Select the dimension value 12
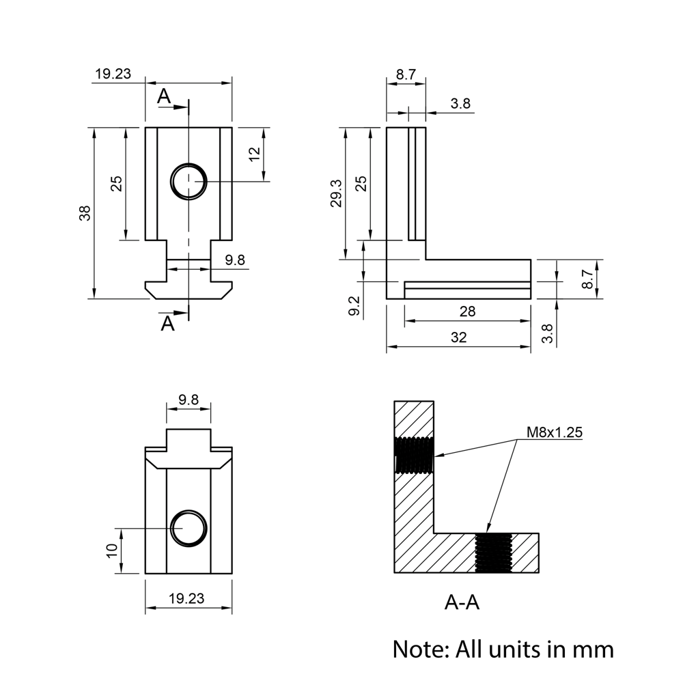(x=254, y=154)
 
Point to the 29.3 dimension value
(x=336, y=193)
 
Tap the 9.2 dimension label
(x=353, y=305)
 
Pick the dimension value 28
(x=467, y=311)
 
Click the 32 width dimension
(x=458, y=337)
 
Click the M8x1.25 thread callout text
(x=554, y=432)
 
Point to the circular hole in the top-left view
(x=189, y=181)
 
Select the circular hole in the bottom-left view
(x=189, y=529)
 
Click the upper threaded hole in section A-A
(x=414, y=455)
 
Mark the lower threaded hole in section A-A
(x=492, y=553)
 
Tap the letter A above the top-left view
(x=164, y=97)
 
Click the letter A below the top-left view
(x=167, y=323)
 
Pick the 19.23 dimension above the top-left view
(x=113, y=74)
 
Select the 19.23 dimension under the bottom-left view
(x=186, y=598)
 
